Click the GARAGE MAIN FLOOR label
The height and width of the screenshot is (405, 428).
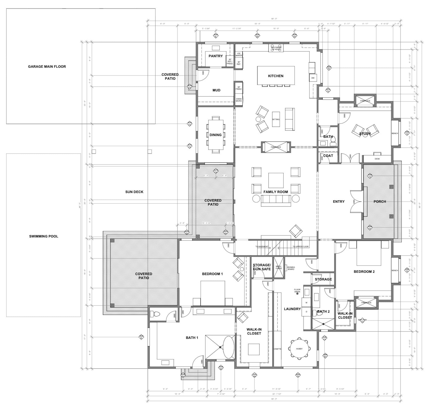coord(47,66)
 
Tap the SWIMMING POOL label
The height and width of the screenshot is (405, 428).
coord(44,236)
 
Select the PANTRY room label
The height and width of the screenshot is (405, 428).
coord(216,56)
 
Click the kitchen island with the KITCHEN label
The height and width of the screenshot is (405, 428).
coord(275,76)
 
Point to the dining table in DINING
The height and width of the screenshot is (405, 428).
coord(216,135)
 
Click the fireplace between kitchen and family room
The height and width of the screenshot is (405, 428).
coord(276,147)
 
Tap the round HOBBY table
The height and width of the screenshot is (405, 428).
coord(299,348)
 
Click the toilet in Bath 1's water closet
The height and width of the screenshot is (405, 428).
coord(155,314)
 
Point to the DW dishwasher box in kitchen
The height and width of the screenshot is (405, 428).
coord(313,78)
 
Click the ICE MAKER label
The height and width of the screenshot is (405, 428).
coord(239,54)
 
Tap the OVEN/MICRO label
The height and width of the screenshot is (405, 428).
coord(239,100)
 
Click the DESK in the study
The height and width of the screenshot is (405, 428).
coord(377,159)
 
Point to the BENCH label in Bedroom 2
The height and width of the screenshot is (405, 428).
coord(395,270)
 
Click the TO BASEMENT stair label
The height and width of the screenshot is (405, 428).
coord(262,246)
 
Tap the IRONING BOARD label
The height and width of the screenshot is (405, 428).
coord(291,268)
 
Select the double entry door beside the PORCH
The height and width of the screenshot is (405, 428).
coord(356,201)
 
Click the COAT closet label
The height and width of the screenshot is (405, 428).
coord(328,156)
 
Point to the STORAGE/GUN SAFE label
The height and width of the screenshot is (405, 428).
coord(262,267)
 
